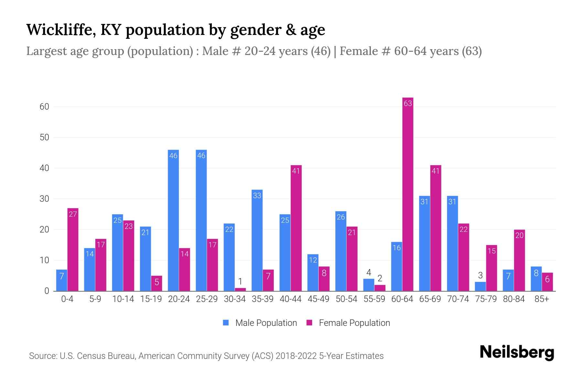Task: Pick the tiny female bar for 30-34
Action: (x=240, y=289)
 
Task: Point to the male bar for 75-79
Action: (x=480, y=286)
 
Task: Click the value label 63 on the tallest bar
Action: (x=408, y=103)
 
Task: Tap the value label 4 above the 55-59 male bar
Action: (x=369, y=272)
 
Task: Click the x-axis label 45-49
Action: (x=318, y=299)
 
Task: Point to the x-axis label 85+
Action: (x=542, y=299)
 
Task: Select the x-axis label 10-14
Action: (x=123, y=299)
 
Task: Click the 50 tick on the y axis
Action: (x=44, y=137)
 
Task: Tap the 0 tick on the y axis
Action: (x=47, y=291)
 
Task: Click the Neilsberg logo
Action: (x=517, y=352)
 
